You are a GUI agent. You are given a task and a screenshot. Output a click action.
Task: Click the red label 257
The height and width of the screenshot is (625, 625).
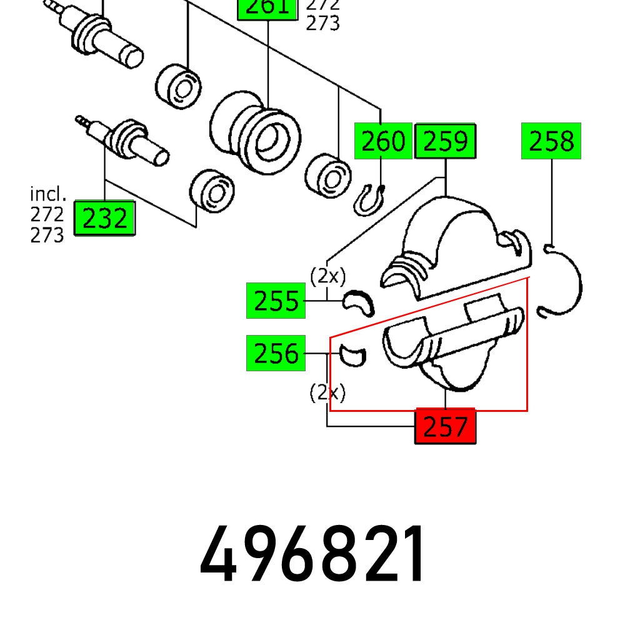pos(445,427)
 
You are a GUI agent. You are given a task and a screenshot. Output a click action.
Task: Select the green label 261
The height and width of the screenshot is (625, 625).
pos(267,7)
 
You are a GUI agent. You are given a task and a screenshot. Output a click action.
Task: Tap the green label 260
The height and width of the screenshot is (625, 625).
pos(382,141)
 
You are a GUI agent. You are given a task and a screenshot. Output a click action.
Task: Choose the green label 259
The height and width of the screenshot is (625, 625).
pos(445,141)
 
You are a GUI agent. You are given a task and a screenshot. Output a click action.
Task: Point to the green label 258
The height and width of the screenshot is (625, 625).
pos(551,141)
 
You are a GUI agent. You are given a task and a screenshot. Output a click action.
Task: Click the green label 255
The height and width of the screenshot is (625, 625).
pos(276,301)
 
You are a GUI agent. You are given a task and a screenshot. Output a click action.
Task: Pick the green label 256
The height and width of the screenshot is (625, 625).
pos(276,354)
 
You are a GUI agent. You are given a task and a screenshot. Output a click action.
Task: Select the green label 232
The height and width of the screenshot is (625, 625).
pos(104,219)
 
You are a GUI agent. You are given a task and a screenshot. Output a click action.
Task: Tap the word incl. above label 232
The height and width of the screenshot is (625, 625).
pos(47,194)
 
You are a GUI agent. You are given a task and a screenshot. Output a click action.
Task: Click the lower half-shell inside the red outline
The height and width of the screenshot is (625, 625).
pos(450,350)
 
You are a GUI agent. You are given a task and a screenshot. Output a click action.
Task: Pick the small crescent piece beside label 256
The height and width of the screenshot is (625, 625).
pos(353,356)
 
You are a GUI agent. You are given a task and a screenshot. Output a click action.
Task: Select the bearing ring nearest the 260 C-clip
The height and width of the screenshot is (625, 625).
pos(328,172)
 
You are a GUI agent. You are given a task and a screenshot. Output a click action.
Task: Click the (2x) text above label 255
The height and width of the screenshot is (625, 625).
pos(327,276)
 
